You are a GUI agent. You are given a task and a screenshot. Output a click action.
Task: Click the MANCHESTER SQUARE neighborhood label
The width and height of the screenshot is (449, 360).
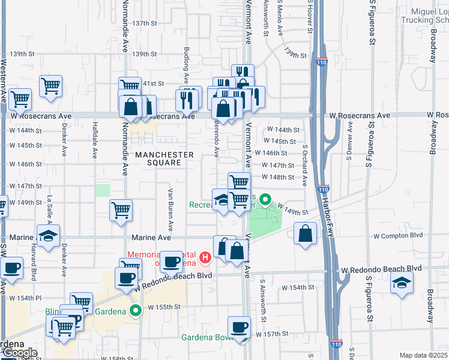[164, 159]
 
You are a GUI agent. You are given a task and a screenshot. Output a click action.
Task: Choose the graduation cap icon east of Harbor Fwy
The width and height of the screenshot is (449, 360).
[401, 284]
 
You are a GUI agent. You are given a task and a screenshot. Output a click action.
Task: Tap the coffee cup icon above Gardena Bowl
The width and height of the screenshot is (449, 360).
[240, 326]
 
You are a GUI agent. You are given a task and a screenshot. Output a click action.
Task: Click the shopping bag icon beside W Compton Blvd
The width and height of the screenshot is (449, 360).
[305, 233]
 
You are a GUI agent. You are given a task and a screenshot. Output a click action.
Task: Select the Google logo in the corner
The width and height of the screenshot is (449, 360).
[19, 353]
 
